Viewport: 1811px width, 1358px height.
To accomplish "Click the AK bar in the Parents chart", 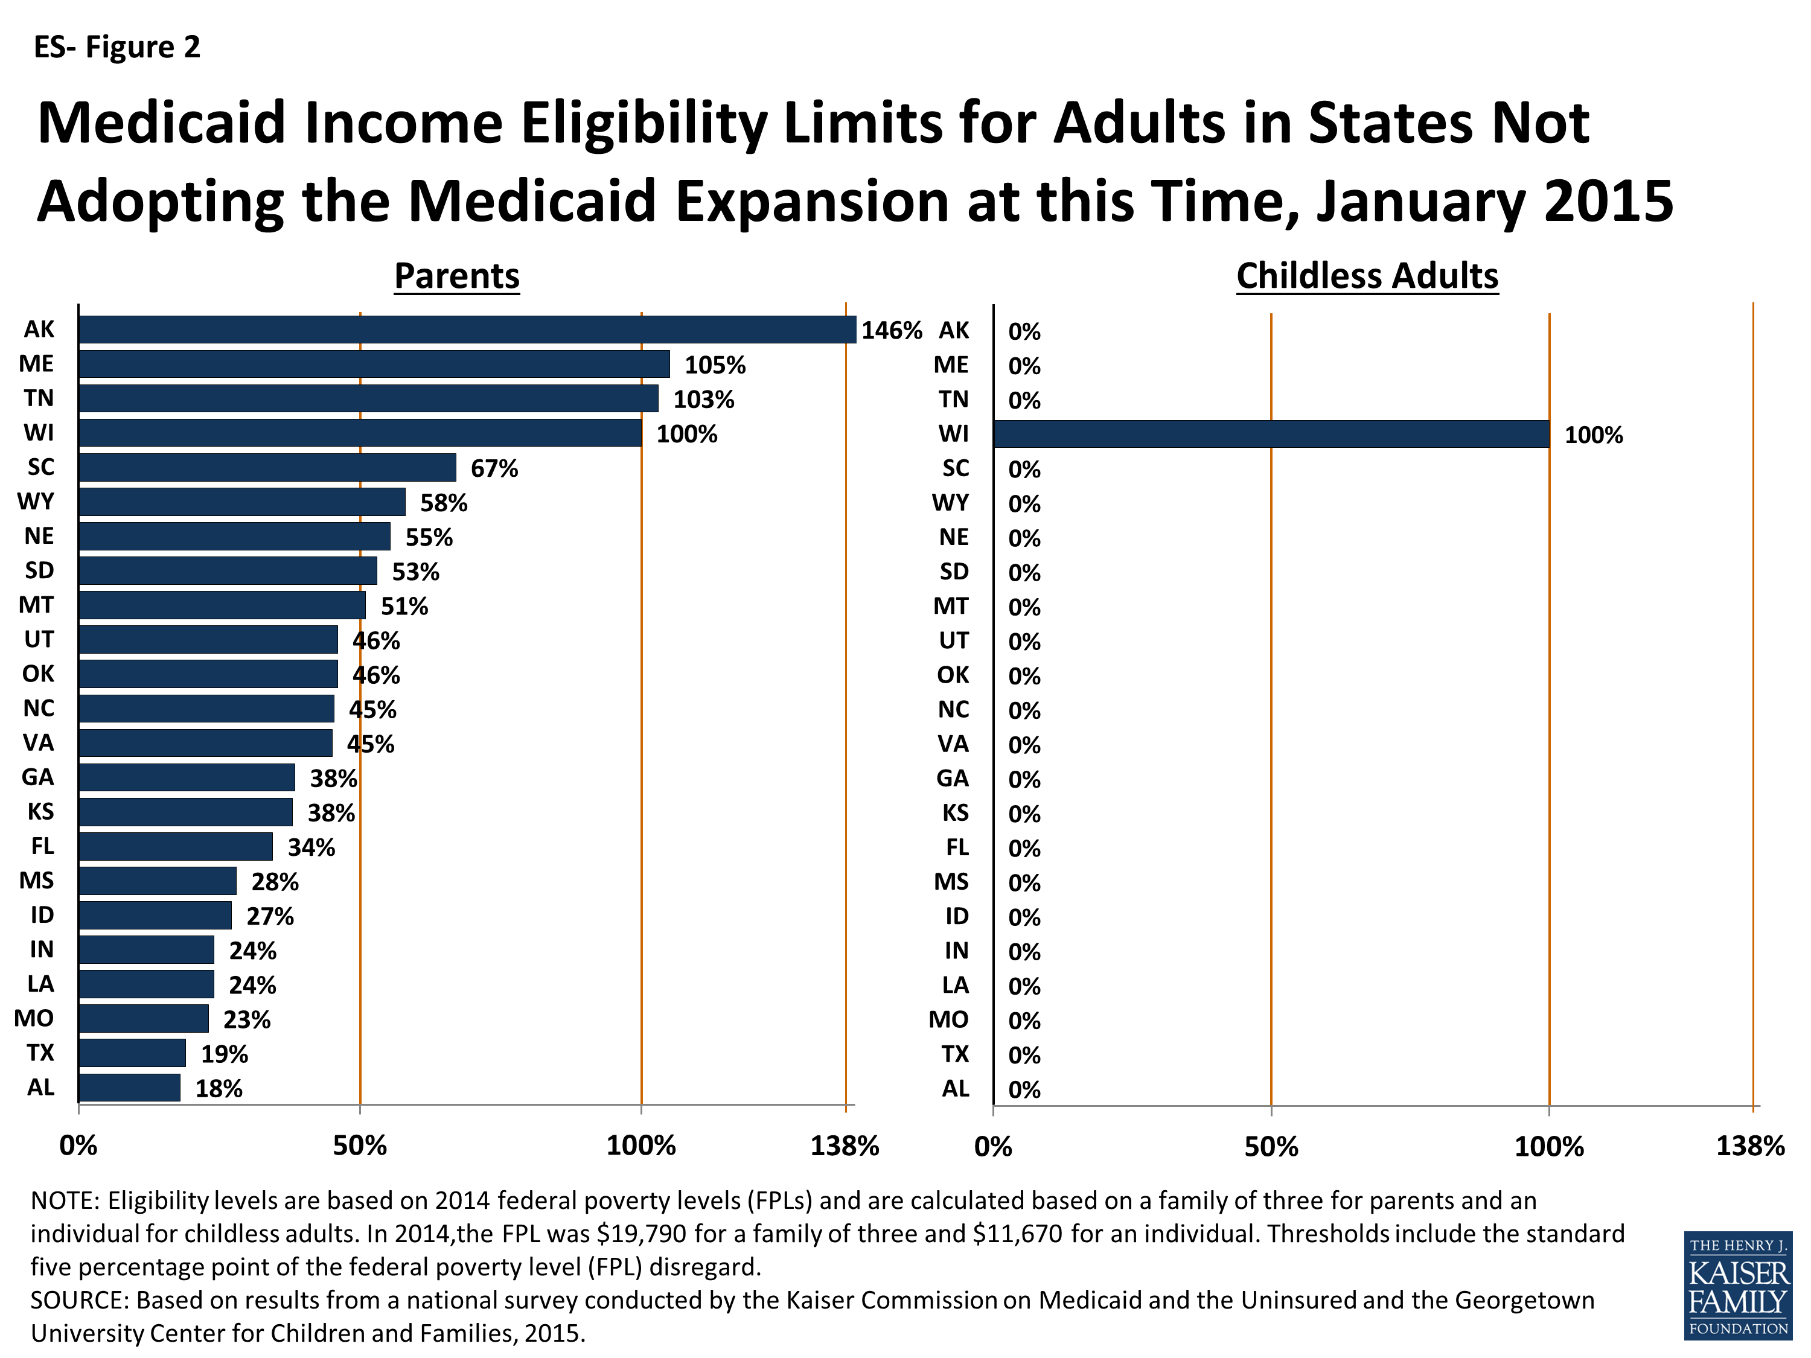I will (467, 329).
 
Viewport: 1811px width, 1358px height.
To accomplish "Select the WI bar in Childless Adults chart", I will (1271, 434).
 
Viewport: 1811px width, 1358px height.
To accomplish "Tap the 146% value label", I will (891, 331).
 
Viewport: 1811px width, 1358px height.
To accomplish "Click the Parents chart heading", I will (457, 276).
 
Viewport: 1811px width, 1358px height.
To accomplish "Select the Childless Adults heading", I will (1367, 276).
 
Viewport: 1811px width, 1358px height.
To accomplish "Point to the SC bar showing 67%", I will (267, 467).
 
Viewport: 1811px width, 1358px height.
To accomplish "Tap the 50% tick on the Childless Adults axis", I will (1271, 1147).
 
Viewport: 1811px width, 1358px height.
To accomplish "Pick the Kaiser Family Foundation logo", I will (1737, 1287).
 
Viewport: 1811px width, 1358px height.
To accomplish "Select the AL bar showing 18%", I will (129, 1088).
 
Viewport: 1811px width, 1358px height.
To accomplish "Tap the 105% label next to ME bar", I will (715, 365).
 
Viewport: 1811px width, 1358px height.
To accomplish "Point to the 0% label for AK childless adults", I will (1024, 331).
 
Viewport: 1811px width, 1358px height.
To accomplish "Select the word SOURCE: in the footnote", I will (80, 1300).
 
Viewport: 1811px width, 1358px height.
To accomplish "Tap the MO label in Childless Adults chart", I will (948, 1020).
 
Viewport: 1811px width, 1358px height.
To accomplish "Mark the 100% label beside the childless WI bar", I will (1592, 436).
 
